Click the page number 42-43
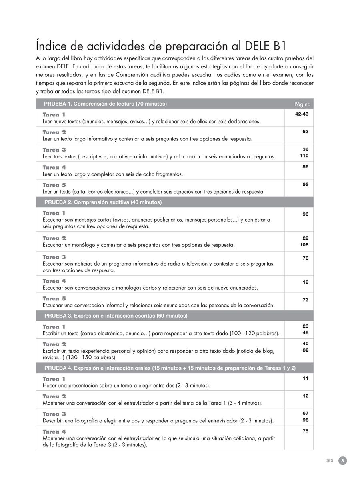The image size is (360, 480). pos(302,114)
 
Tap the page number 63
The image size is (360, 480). pos(305,132)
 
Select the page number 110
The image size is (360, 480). pos(304,156)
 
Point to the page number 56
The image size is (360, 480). pos(305,167)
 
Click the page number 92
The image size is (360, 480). pos(305,184)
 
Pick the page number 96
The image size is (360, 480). pos(305,214)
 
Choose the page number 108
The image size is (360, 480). pos(304,244)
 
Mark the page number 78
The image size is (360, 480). pos(305,258)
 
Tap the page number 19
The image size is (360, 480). pos(305,282)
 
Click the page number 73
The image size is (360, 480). pos(305,300)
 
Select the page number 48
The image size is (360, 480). pos(305,332)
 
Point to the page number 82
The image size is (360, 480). pos(305,350)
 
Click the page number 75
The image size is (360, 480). pos(305,431)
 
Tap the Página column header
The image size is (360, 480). pos(302,104)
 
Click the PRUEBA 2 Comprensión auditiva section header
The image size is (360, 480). pos(103,202)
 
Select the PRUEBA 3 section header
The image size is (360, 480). pos(116,316)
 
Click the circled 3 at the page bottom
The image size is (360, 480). pos(342,461)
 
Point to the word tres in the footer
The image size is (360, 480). pos(329,460)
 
